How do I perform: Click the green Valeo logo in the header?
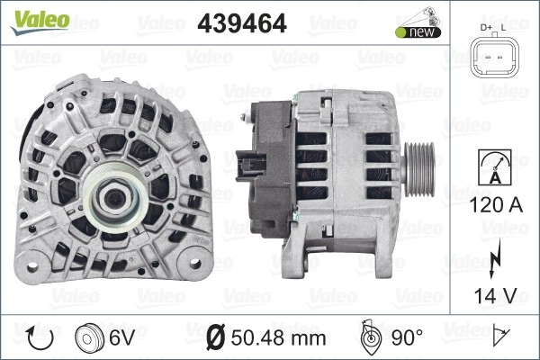tap(40, 22)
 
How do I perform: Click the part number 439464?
tap(242, 23)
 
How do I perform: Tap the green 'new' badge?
tap(418, 32)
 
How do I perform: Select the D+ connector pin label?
tap(486, 28)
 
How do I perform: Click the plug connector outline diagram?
tap(495, 57)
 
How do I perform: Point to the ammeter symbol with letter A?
tap(495, 167)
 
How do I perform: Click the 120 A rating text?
tap(496, 205)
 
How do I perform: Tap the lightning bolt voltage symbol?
tap(494, 258)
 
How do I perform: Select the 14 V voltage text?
tap(496, 295)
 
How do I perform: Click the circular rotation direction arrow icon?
tap(40, 338)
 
